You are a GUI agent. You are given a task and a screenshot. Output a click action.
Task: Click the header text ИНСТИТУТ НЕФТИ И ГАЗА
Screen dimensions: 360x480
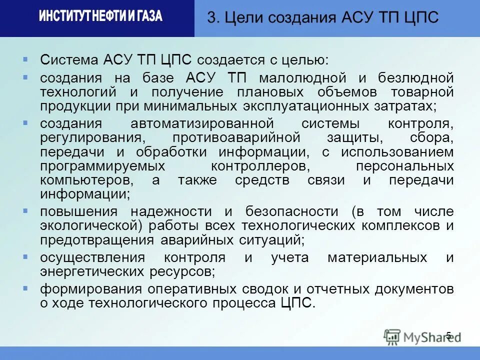coord(100,16)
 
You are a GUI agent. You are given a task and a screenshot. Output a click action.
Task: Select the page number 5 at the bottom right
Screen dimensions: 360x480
coord(448,335)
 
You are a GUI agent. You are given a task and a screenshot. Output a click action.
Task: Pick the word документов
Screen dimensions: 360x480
coord(411,289)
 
